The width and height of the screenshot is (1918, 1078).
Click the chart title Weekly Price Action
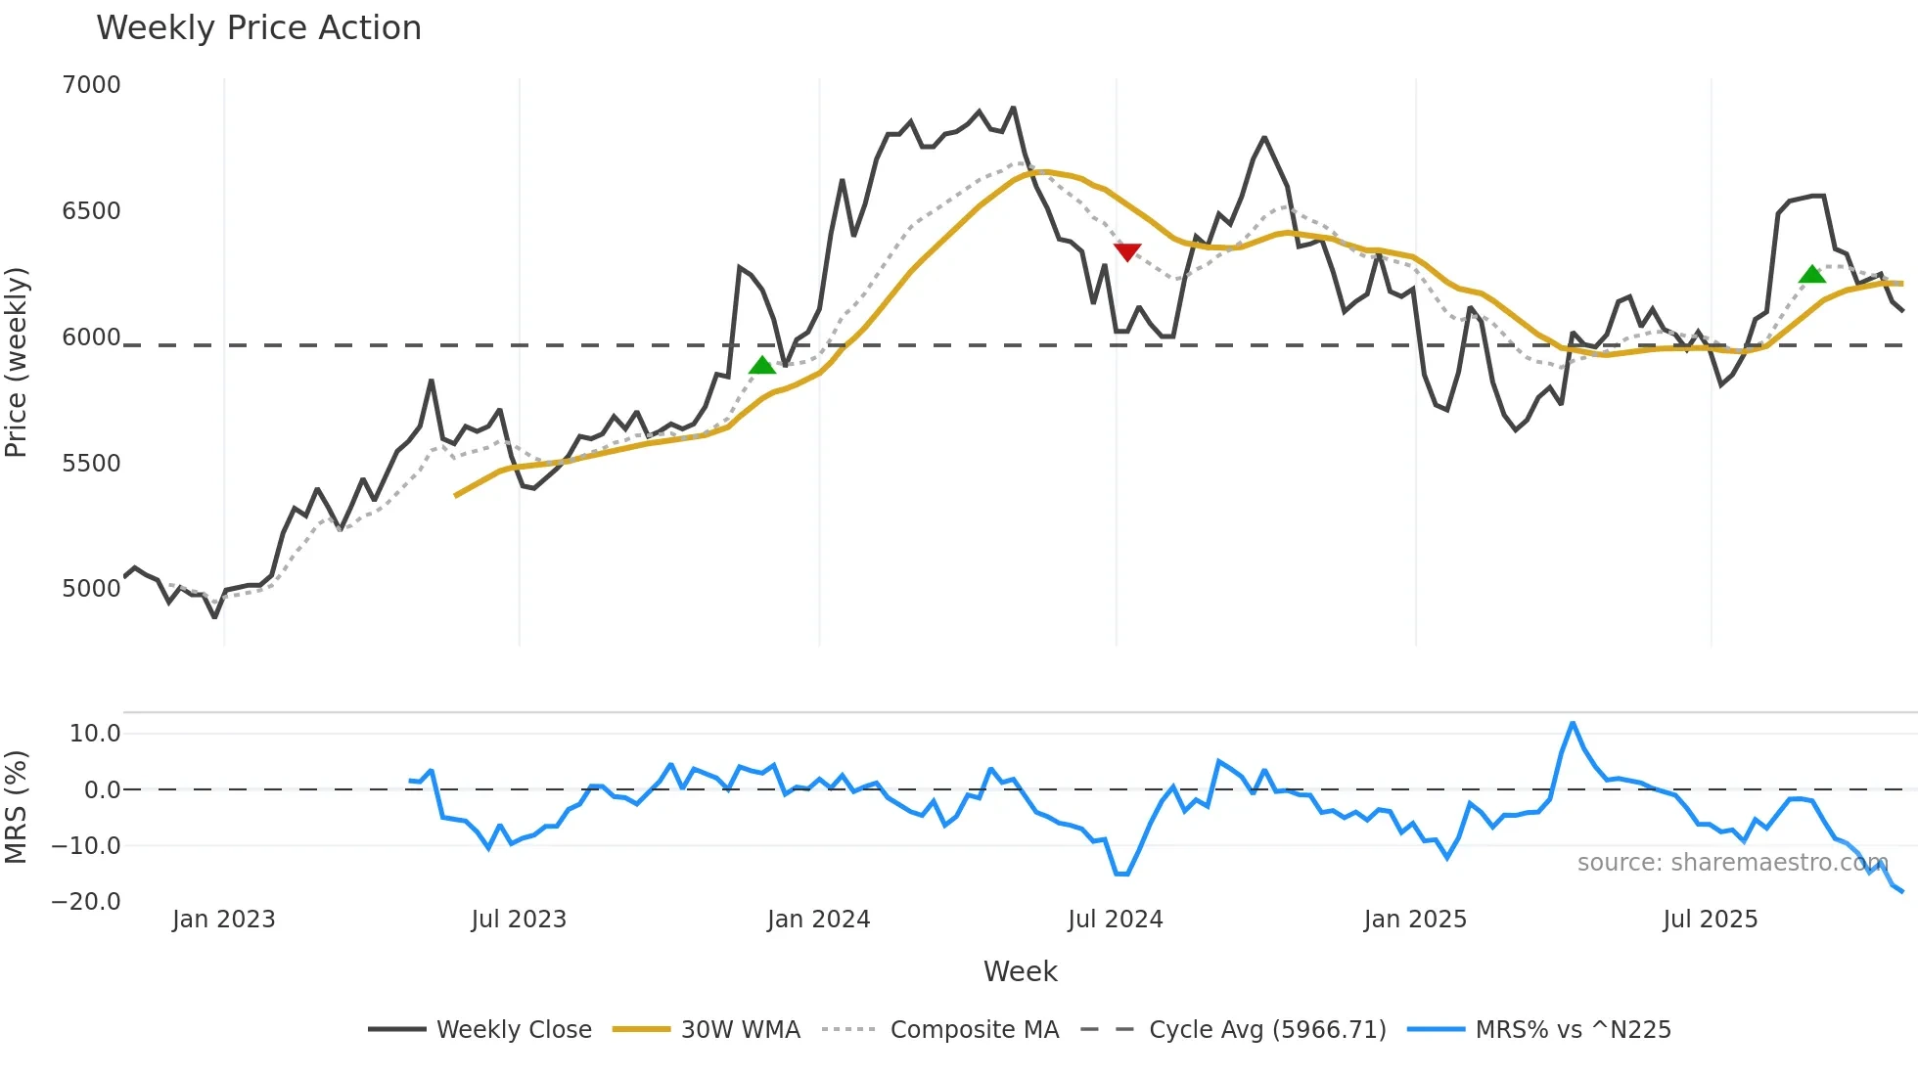click(258, 28)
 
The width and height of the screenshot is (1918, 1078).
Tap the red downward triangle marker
click(1127, 252)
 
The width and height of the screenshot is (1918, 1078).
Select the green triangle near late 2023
click(762, 366)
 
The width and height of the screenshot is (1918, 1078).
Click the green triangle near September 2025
click(1812, 275)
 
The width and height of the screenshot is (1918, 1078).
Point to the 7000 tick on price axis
click(91, 85)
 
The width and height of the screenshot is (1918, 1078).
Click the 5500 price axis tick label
click(91, 464)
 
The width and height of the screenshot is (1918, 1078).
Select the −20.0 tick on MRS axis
click(86, 902)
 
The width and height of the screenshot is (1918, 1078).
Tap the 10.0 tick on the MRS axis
click(95, 734)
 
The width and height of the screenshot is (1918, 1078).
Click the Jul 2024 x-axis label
click(1115, 920)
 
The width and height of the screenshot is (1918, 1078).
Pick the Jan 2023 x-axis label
click(223, 920)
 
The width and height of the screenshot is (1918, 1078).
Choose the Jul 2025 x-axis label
click(1710, 920)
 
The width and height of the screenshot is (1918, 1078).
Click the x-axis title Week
click(1020, 971)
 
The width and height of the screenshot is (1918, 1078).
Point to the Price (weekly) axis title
click(17, 362)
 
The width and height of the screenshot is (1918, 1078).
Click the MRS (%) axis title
click(17, 807)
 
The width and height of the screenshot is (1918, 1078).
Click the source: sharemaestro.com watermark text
click(1732, 863)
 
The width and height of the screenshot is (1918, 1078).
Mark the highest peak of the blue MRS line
click(1573, 724)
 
